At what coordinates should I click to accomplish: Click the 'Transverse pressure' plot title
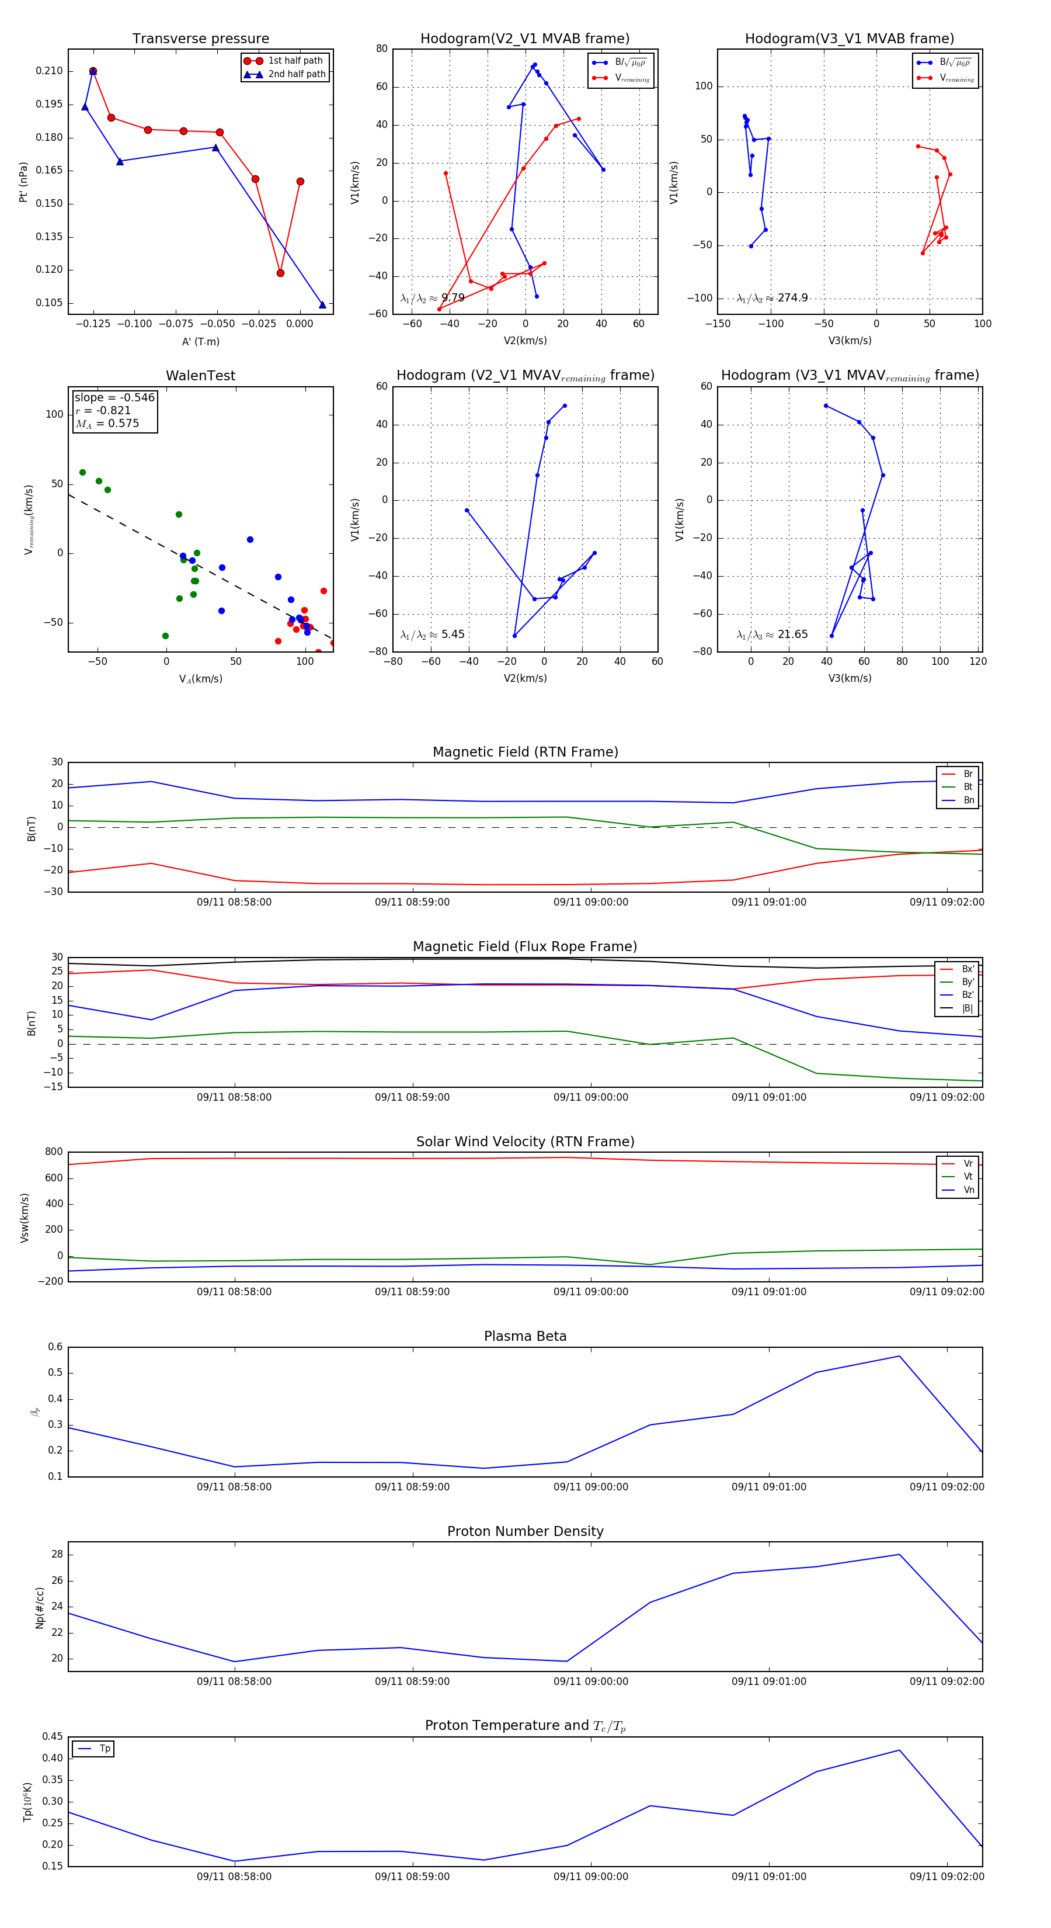pos(200,39)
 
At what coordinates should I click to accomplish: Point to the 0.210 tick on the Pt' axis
pos(50,71)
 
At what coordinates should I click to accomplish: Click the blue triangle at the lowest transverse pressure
pos(322,304)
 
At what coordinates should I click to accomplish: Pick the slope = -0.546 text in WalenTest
pos(114,397)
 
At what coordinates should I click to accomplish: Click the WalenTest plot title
pos(200,376)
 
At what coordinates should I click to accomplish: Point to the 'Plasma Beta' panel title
pos(525,1336)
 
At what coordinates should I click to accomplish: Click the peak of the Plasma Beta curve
pos(899,1356)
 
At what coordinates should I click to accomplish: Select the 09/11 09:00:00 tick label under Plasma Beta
pos(590,1486)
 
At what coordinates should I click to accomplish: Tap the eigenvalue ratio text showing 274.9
pos(772,298)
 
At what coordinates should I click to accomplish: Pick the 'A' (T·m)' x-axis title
pos(200,341)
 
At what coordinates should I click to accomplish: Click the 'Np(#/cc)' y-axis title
pos(40,1607)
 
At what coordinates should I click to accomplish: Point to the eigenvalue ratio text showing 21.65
pos(772,634)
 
